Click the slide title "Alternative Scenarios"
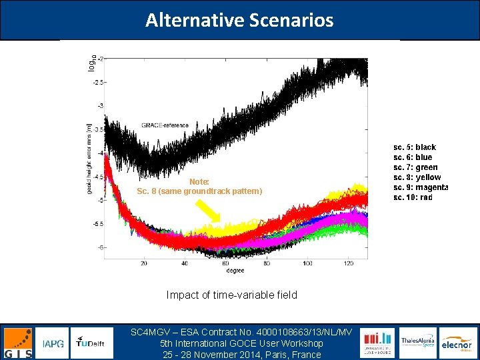point(239,20)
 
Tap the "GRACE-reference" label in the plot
point(165,125)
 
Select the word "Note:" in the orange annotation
point(199,181)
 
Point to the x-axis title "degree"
point(235,271)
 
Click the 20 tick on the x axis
point(144,263)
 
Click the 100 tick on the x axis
point(307,263)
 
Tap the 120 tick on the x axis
point(348,263)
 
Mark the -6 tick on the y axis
point(100,247)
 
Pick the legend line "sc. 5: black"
point(415,147)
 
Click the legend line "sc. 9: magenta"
point(421,187)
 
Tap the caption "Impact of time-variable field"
point(231,295)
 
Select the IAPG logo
point(53,343)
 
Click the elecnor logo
point(457,343)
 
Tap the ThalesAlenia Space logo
point(417,343)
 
